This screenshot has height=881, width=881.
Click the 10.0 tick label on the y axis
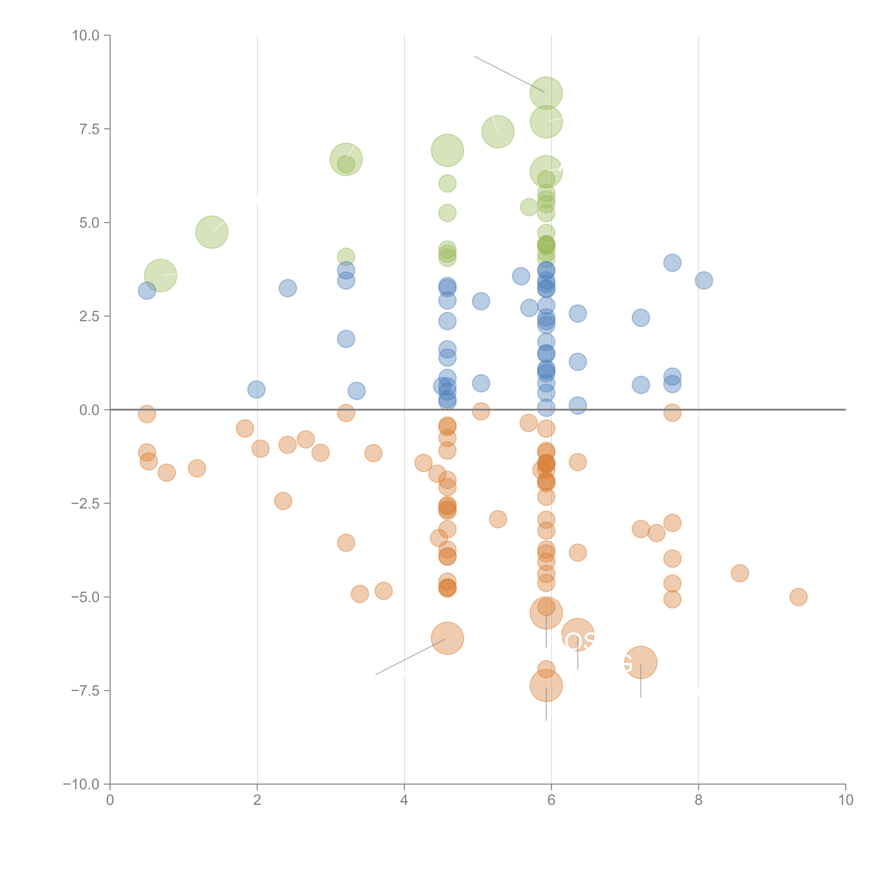[x=86, y=36]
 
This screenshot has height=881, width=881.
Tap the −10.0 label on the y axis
[x=81, y=784]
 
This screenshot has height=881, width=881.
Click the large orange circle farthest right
[x=641, y=663]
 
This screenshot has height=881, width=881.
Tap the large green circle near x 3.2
[x=346, y=159]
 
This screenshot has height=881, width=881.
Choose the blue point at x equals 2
[x=256, y=389]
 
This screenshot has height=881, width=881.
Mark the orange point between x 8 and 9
[x=740, y=573]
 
